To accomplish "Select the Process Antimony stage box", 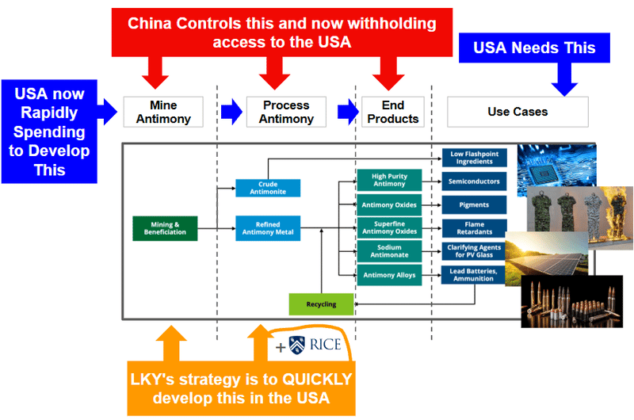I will pos(286,112).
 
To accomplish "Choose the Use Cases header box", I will pos(518,112).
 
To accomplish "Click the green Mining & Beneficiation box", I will pos(165,228).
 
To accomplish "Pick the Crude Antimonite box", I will pos(268,188).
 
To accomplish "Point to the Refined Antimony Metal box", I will pos(268,228).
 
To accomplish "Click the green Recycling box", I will pos(321,304).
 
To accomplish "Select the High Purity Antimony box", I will pos(389,181).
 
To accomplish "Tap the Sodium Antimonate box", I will pos(389,251).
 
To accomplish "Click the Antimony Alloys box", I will pos(389,275).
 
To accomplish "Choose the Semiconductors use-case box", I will pos(474,181).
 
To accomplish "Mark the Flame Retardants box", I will pos(474,228).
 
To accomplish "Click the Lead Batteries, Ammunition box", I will pos(474,275).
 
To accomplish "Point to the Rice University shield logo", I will pos(297,345).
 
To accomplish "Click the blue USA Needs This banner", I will pos(533,48).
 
